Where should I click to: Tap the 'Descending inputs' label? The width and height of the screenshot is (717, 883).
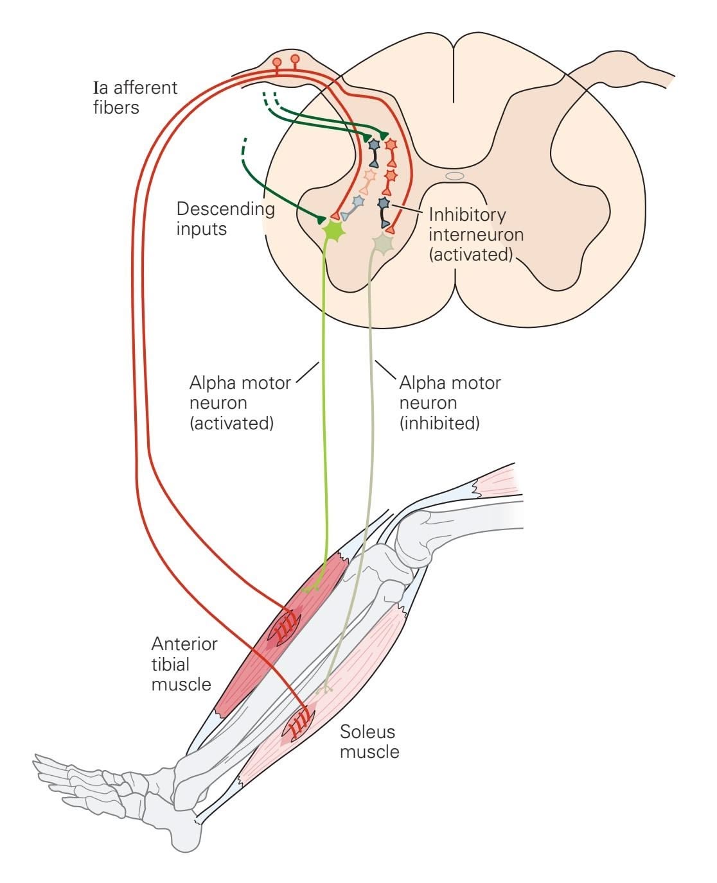(226, 218)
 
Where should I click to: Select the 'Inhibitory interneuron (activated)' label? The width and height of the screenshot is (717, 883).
(476, 234)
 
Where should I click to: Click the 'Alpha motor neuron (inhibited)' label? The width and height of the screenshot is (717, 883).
(450, 403)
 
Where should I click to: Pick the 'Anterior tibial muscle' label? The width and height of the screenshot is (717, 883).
(184, 664)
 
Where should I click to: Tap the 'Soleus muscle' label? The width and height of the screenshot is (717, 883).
(369, 741)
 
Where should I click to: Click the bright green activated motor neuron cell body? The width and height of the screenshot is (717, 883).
(334, 229)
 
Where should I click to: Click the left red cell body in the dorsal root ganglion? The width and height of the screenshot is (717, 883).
(277, 62)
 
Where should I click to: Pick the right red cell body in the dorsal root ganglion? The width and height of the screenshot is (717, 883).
(295, 60)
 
